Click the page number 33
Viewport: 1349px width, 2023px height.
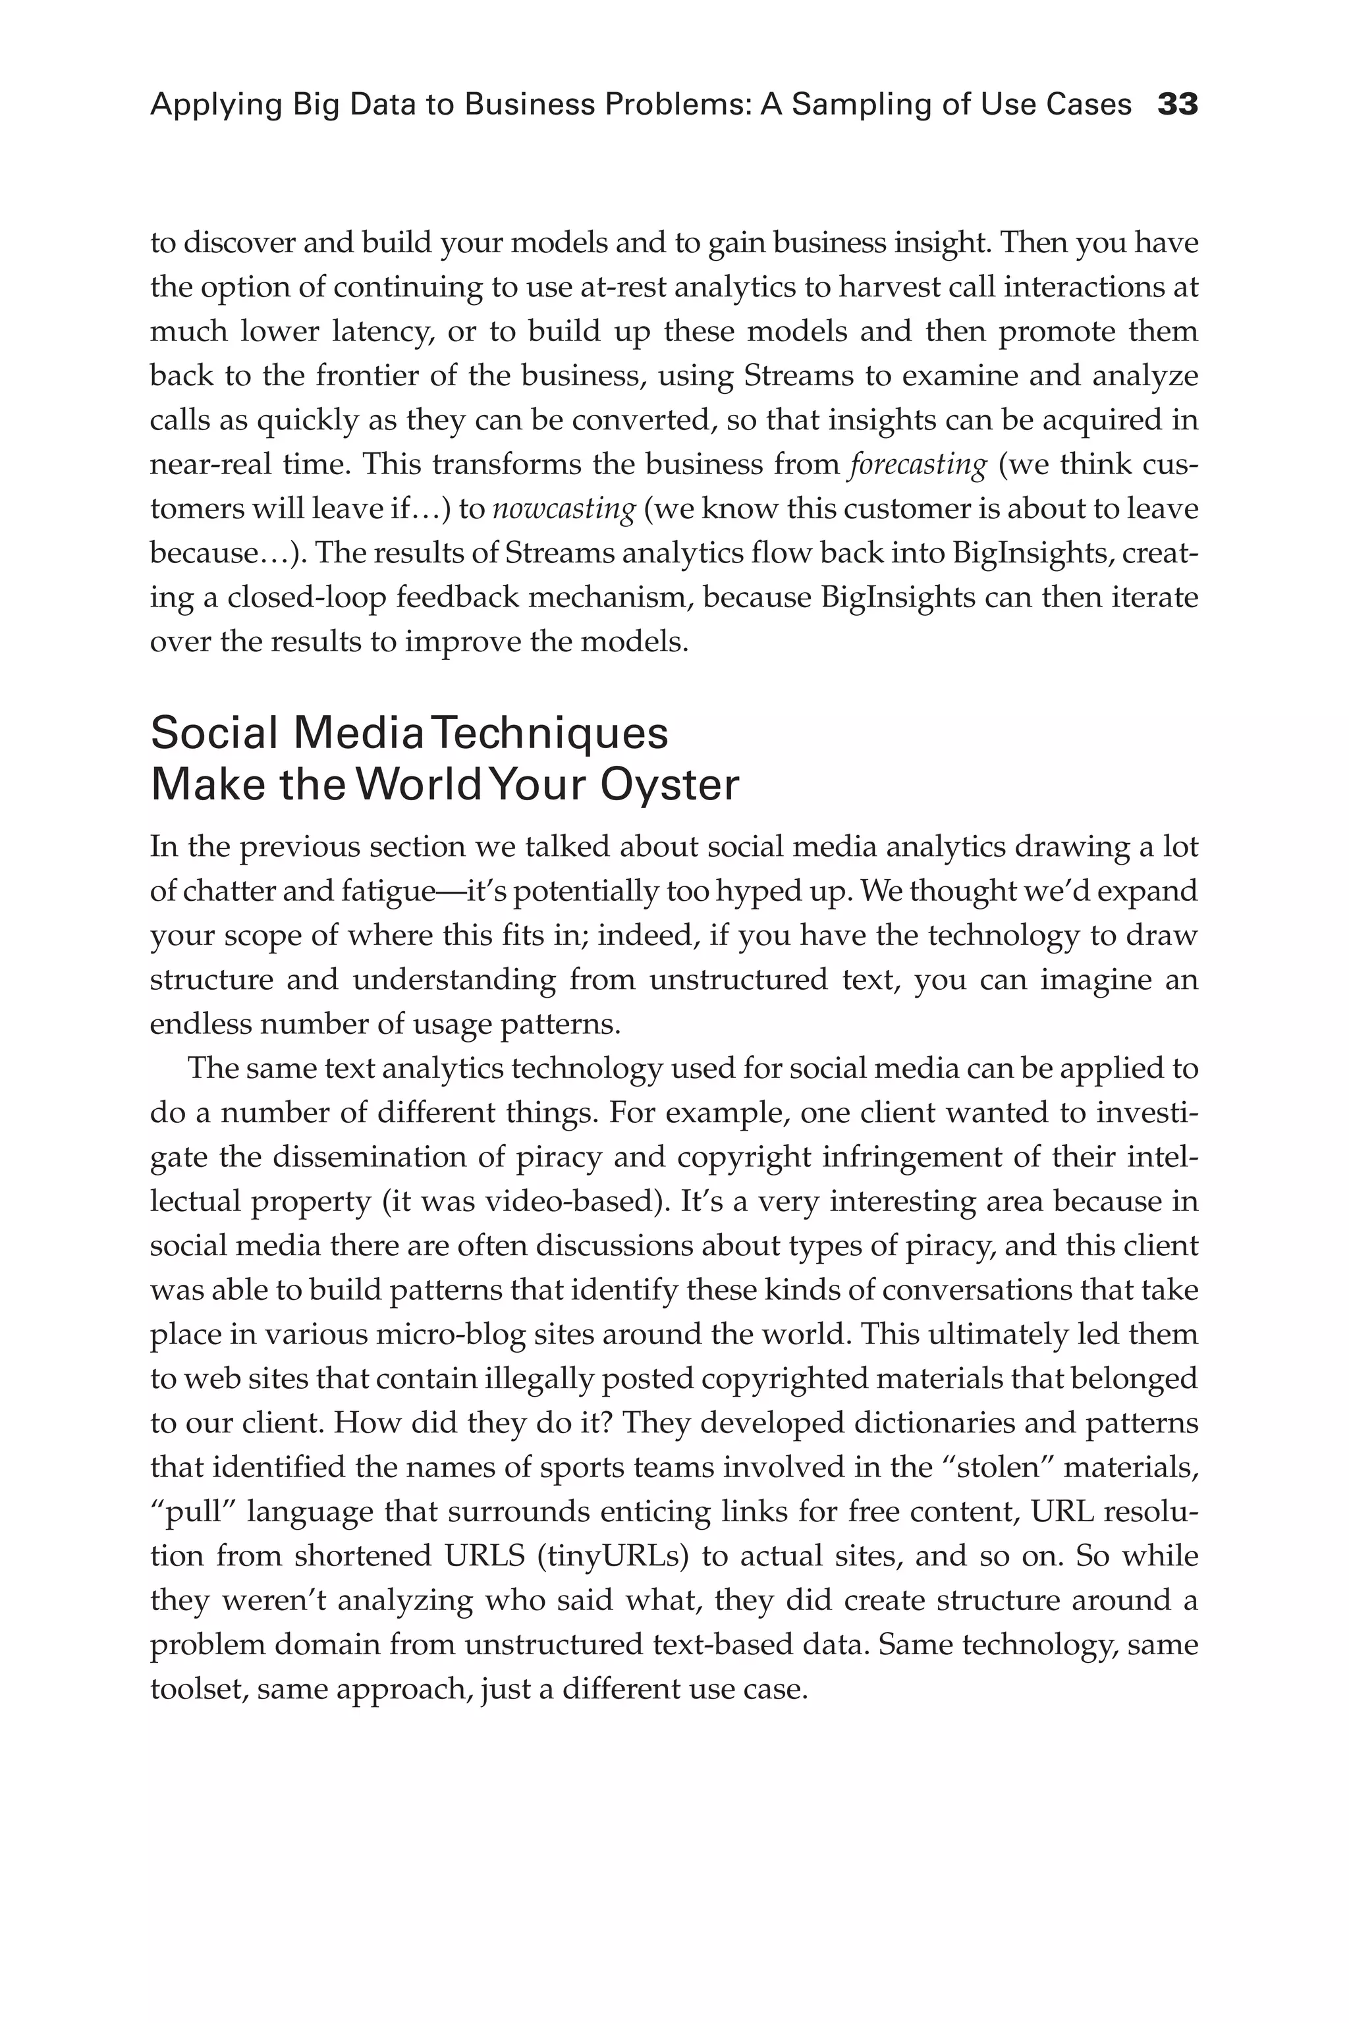pos(1178,105)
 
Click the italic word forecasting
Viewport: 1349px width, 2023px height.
pos(917,464)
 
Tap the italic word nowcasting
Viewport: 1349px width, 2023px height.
pos(563,509)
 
